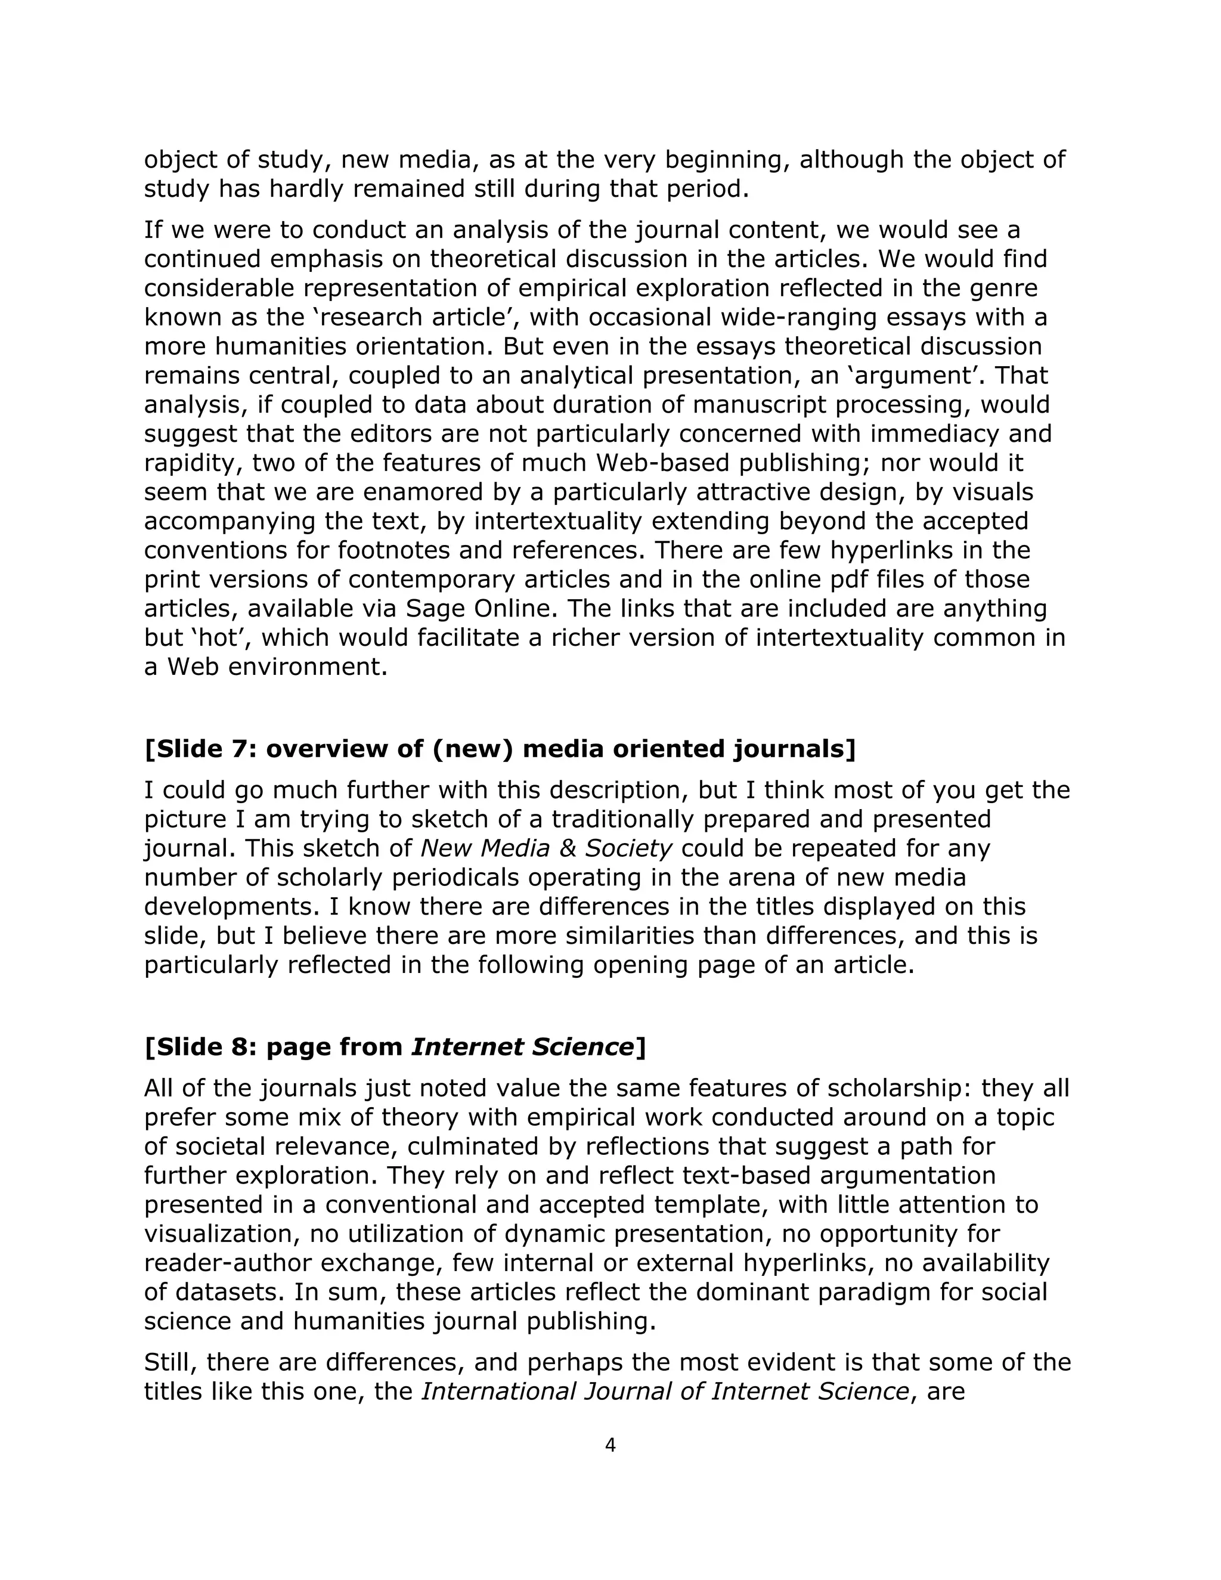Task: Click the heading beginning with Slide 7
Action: point(500,749)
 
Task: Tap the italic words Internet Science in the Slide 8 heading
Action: point(523,1047)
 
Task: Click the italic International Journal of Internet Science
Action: point(665,1391)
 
